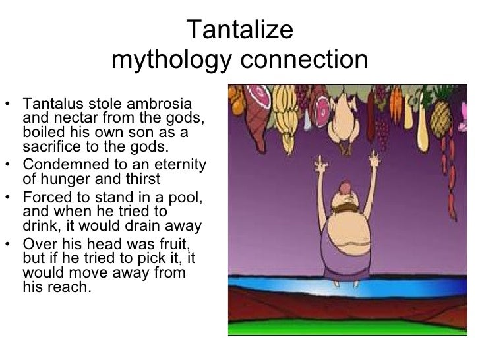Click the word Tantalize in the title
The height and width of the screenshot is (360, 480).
click(x=240, y=30)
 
